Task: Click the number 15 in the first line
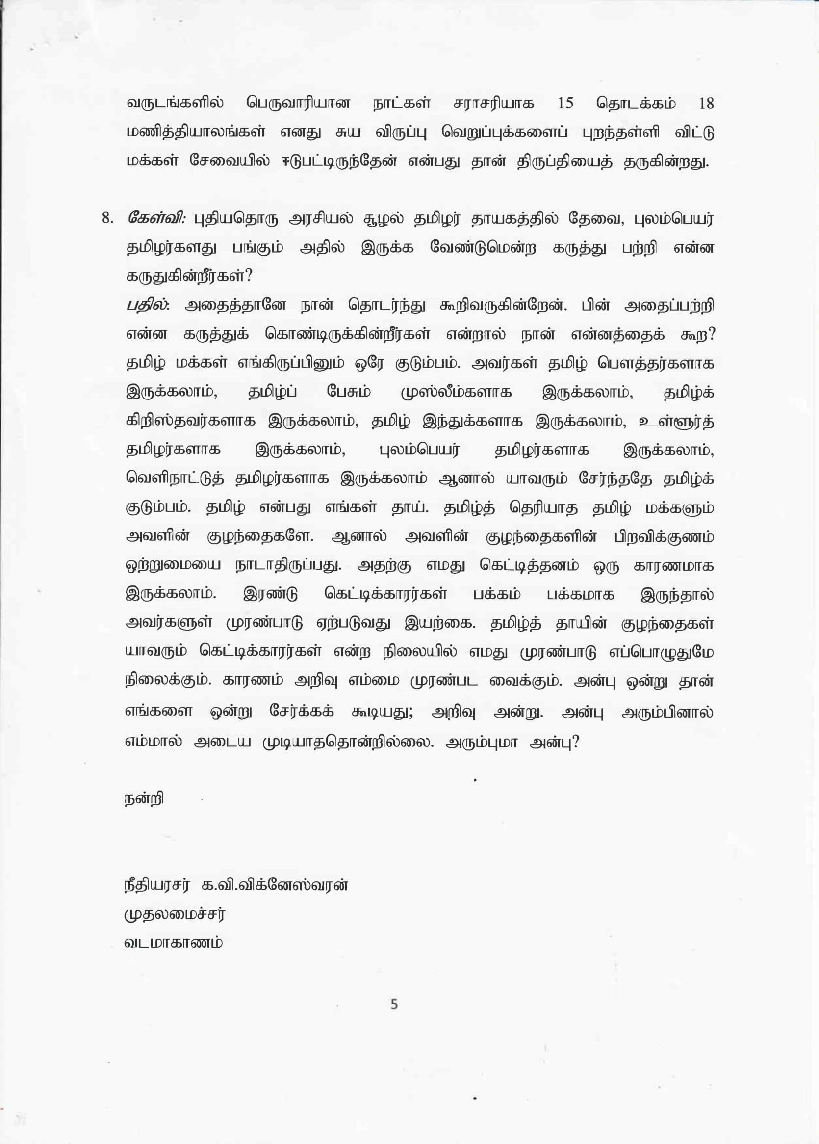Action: click(565, 104)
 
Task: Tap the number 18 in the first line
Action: click(706, 104)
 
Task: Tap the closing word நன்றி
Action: click(144, 799)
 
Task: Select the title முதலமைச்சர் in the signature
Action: click(175, 914)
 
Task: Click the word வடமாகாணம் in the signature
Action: click(174, 943)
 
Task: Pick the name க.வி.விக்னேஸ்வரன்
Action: click(275, 886)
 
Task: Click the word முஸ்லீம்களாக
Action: click(456, 393)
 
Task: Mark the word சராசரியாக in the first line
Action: click(493, 104)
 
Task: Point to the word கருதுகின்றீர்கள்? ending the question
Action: click(189, 277)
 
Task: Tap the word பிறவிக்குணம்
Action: click(663, 537)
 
